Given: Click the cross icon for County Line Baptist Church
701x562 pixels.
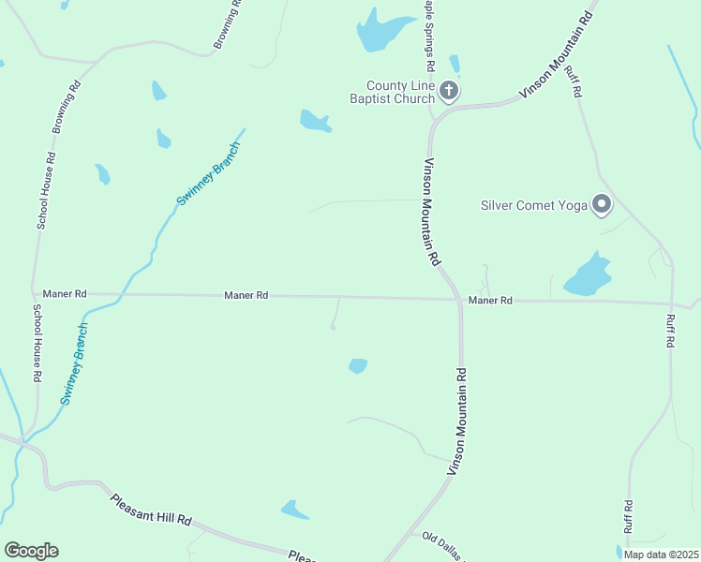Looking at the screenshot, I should (449, 91).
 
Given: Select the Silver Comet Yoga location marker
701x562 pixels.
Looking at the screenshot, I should (602, 204).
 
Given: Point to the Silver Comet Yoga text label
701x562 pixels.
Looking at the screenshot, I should (533, 205).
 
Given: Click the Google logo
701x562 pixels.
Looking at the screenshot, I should (31, 551).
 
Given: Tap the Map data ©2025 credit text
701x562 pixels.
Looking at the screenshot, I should (661, 555).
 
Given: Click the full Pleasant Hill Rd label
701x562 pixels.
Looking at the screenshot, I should (151, 509).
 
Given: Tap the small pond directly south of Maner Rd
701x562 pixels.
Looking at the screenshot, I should (357, 365).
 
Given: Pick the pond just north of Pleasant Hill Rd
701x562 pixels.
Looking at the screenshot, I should (294, 510).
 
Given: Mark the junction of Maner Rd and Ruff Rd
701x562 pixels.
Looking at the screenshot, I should (672, 303).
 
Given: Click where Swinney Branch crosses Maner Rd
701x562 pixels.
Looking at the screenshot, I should (119, 295).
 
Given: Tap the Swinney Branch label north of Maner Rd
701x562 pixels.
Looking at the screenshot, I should (209, 175).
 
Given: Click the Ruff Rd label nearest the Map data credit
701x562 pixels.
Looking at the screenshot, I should (628, 518).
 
